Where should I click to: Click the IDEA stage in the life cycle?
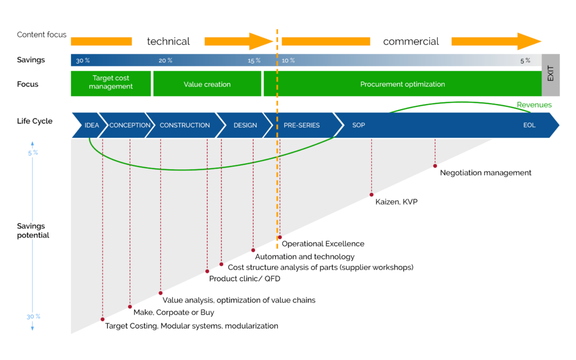tap(92, 125)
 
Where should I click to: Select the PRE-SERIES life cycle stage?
tap(301, 125)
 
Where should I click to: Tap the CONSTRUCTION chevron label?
tap(184, 125)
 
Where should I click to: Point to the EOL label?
tap(529, 125)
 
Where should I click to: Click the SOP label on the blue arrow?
tap(358, 125)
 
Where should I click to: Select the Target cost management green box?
tap(111, 83)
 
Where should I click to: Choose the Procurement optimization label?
tap(402, 84)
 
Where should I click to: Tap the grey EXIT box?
tap(551, 75)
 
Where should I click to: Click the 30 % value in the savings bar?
tap(83, 61)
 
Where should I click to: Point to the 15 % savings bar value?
tap(254, 61)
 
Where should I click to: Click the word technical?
tap(168, 41)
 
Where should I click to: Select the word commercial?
tap(411, 41)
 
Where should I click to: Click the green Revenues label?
tap(534, 105)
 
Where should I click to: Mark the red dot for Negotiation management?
tap(435, 166)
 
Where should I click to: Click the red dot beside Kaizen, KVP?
tap(371, 195)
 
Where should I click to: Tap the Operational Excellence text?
tap(323, 244)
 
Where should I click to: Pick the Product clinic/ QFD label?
tap(245, 278)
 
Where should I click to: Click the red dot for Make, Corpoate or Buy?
tap(130, 307)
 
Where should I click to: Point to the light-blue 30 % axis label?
tap(33, 317)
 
